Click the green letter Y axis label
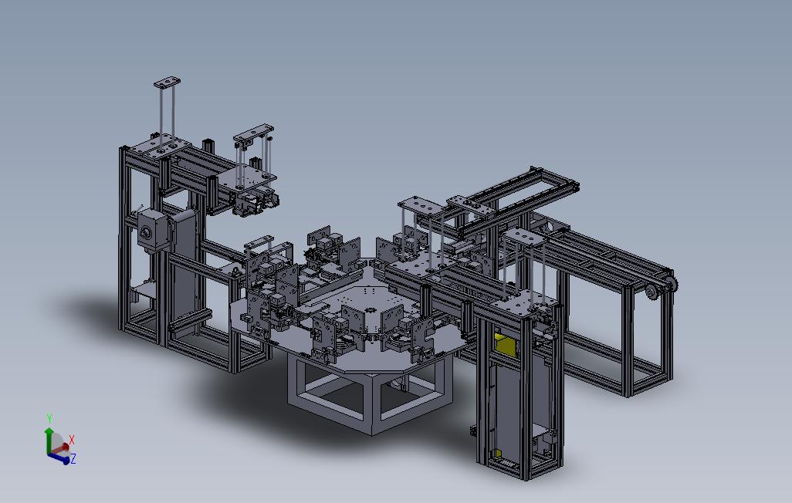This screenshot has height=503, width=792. (x=49, y=418)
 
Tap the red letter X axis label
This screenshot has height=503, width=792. (x=71, y=440)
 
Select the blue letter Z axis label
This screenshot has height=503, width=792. (x=73, y=458)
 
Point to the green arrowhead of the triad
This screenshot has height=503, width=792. (x=49, y=430)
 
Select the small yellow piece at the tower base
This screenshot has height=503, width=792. (x=497, y=453)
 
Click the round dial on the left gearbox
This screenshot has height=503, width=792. (x=145, y=233)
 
